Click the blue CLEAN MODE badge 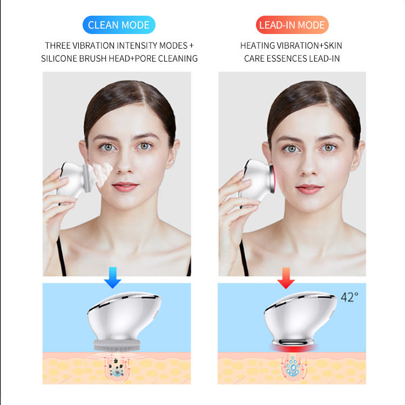click(119, 25)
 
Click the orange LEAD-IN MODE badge click(292, 25)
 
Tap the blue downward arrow click(113, 278)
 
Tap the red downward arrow click(286, 278)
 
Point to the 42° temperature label click(349, 297)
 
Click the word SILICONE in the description click(59, 59)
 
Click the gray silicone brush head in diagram click(117, 346)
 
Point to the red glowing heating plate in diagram click(294, 348)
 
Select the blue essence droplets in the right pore click(293, 366)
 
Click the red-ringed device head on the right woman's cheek click(272, 178)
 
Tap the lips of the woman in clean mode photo click(125, 186)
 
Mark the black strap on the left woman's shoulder click(61, 256)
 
